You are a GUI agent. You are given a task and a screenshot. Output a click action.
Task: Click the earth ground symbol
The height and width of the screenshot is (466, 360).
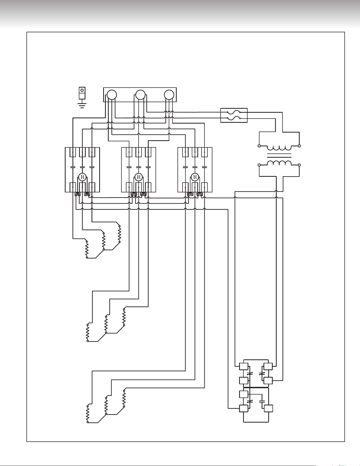point(82,106)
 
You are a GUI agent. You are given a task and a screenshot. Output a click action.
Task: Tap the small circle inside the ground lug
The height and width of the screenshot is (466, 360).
point(82,90)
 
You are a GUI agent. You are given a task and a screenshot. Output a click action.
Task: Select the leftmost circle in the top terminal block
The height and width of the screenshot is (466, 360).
point(112,95)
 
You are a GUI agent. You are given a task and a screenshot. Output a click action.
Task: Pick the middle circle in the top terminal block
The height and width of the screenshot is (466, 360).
point(140,95)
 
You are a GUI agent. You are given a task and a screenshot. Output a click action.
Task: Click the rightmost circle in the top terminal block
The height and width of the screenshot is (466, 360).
point(169,95)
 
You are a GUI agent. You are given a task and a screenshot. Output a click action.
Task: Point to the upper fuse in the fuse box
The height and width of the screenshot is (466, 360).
point(234,112)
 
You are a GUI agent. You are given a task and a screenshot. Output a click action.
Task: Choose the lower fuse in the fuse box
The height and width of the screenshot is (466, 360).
point(234,118)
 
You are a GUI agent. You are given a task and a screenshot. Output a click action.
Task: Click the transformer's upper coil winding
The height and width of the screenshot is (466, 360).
point(279,147)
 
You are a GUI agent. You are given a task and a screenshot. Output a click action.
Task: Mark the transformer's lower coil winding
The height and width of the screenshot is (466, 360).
point(279,163)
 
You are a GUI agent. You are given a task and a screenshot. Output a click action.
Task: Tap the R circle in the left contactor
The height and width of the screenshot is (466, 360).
point(82,177)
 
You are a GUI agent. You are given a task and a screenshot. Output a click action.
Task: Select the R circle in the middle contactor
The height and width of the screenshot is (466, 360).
point(139,177)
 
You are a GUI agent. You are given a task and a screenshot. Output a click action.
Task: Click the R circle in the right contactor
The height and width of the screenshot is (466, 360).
point(195,177)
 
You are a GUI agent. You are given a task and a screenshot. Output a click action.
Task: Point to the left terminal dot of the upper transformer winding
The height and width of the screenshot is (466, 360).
point(259,146)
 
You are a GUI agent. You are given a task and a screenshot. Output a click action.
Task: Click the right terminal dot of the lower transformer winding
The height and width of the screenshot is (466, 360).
point(299,165)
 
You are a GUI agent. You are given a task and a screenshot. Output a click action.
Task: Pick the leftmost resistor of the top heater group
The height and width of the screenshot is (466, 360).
point(87,249)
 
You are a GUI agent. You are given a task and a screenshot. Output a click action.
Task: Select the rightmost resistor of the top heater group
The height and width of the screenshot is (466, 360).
point(120,234)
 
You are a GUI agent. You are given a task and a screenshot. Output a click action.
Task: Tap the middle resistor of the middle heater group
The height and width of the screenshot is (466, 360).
point(106,324)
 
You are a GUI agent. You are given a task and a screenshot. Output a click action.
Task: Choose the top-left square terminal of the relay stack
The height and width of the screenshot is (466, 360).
point(244,367)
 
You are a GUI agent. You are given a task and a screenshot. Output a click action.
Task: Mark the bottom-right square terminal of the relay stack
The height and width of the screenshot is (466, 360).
point(268,408)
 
